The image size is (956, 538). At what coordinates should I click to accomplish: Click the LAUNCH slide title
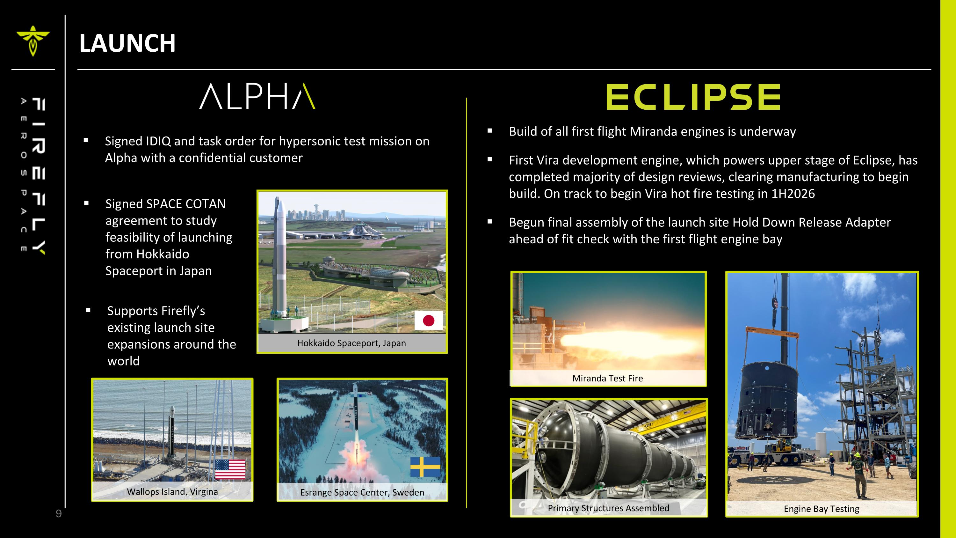127,43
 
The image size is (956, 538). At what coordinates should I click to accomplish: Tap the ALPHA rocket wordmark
257,96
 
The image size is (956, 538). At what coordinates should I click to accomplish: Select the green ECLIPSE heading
693,97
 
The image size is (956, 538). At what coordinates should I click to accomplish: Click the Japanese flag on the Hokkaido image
428,321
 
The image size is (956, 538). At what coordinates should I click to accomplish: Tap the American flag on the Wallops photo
230,469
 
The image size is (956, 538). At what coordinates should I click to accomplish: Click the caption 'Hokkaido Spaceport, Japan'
351,343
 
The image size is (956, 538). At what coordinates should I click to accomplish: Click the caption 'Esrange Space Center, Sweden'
362,492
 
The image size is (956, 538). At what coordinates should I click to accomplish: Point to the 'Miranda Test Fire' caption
607,378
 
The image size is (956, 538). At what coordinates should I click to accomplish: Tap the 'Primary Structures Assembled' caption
608,508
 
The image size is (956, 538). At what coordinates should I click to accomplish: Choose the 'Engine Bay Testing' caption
821,509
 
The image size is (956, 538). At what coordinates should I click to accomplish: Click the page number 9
59,514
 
